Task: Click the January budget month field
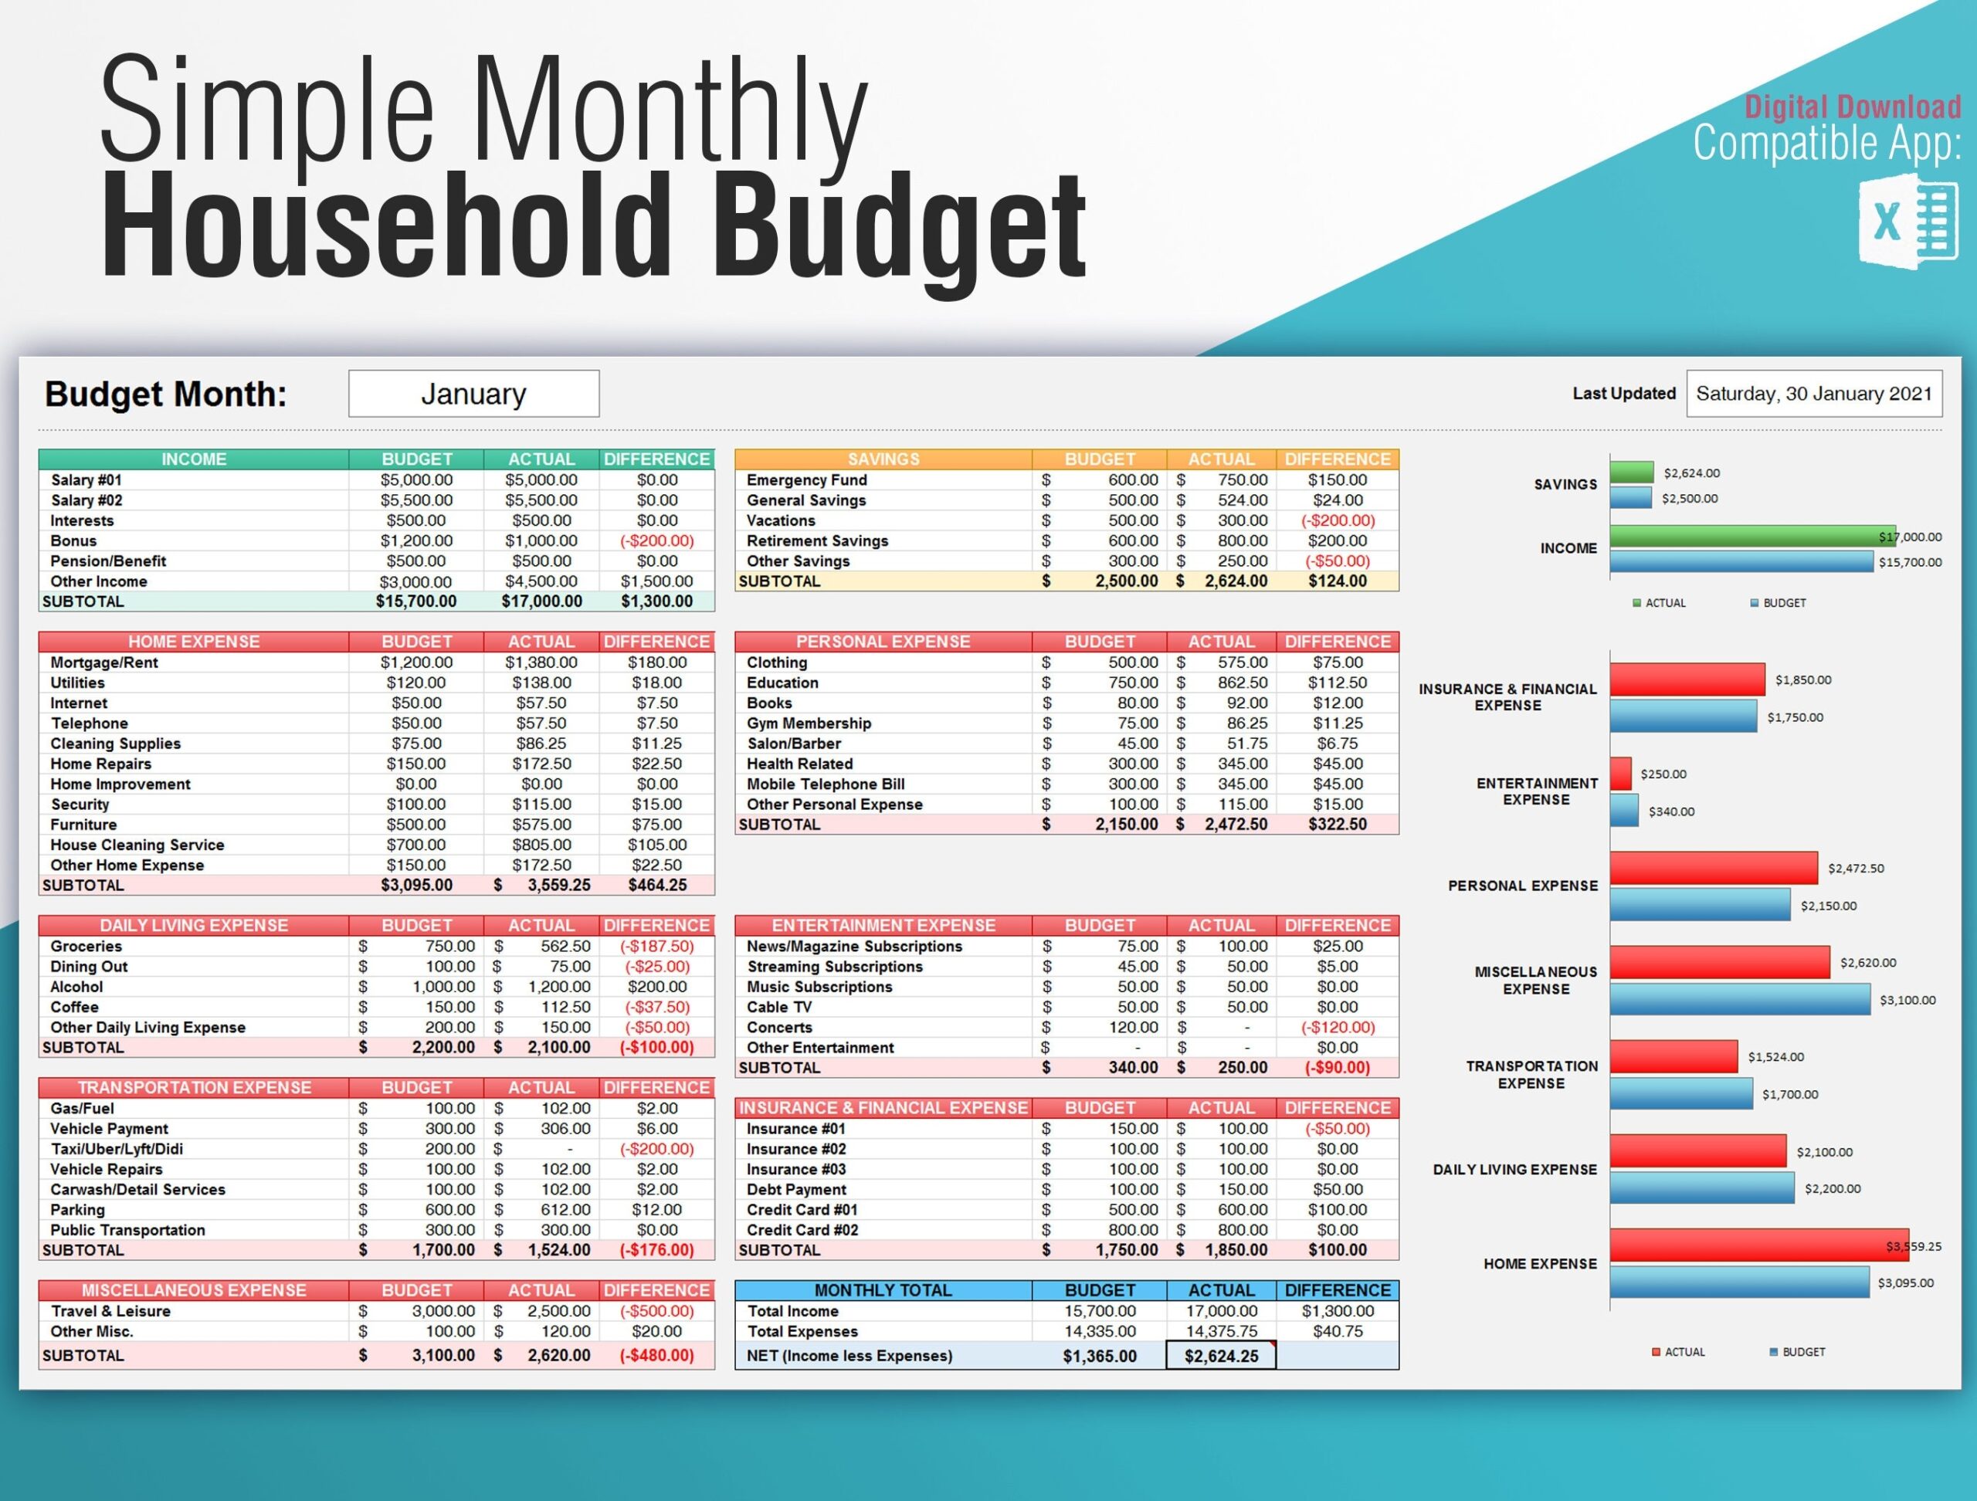coord(473,394)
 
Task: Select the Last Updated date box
coord(1813,394)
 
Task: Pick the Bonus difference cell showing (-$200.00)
coord(657,540)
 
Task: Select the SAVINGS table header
coord(882,459)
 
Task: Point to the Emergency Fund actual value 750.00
coord(1242,479)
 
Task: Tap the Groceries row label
coord(86,946)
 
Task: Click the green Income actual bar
coord(1751,536)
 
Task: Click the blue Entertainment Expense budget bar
coord(1624,811)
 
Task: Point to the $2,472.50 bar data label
coord(1856,869)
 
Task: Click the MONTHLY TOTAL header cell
coord(882,1290)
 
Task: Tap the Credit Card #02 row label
coord(802,1230)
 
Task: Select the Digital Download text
coord(1852,107)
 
